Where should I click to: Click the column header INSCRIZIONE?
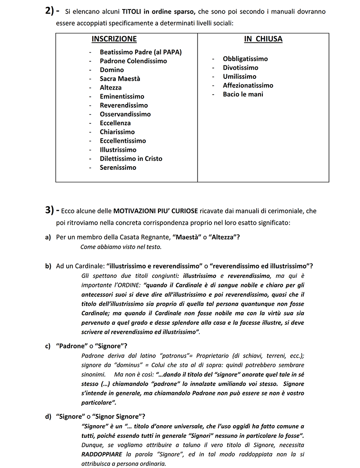pyautogui.click(x=114, y=39)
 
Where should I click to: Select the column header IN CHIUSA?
pyautogui.click(x=263, y=39)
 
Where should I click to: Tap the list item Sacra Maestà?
pyautogui.click(x=120, y=79)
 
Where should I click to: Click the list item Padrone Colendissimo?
pyautogui.click(x=133, y=61)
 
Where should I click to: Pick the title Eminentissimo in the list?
pyautogui.click(x=122, y=96)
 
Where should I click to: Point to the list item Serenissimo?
pyautogui.click(x=118, y=168)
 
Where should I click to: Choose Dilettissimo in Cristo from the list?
pyautogui.click(x=131, y=159)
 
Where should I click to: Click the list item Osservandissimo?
pyautogui.click(x=125, y=114)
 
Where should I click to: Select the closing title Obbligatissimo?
pyautogui.click(x=245, y=59)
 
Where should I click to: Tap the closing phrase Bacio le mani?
pyautogui.click(x=243, y=95)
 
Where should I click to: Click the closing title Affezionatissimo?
pyautogui.click(x=248, y=86)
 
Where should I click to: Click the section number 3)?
pyautogui.click(x=50, y=210)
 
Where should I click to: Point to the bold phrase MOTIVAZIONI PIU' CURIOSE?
pyautogui.click(x=156, y=210)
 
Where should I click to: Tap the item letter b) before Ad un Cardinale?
pyautogui.click(x=48, y=266)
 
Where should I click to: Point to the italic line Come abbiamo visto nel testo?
pyautogui.click(x=121, y=247)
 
